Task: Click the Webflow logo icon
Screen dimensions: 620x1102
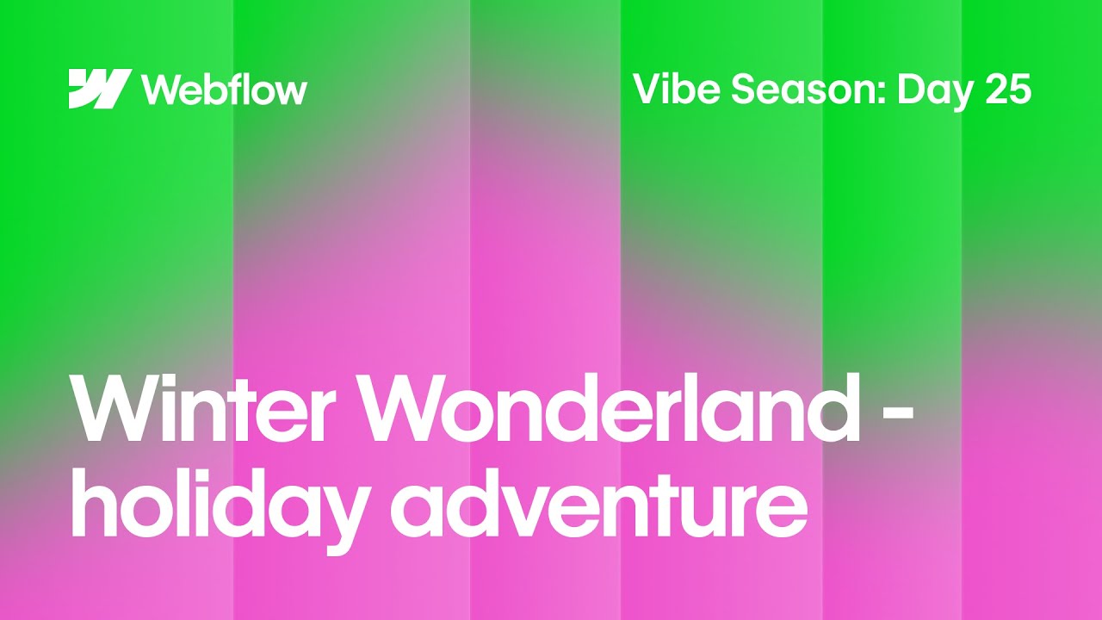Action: (x=100, y=89)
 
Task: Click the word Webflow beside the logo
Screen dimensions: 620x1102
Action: (x=224, y=90)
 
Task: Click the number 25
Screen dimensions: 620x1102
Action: (x=1008, y=89)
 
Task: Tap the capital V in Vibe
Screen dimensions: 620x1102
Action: (x=647, y=89)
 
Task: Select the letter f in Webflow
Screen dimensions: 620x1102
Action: (x=238, y=89)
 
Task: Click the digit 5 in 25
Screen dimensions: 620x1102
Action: (x=1020, y=89)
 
